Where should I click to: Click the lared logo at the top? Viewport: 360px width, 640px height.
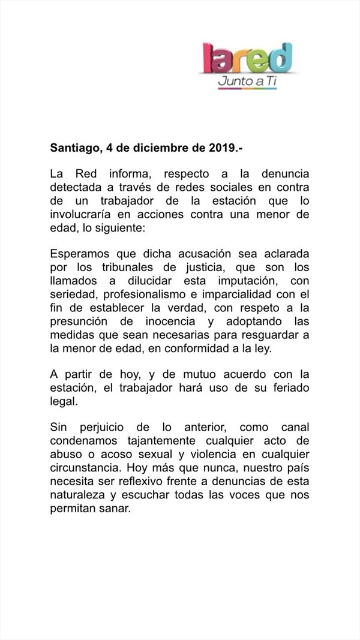[x=247, y=58]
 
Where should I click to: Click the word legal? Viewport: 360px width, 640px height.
[x=64, y=401]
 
